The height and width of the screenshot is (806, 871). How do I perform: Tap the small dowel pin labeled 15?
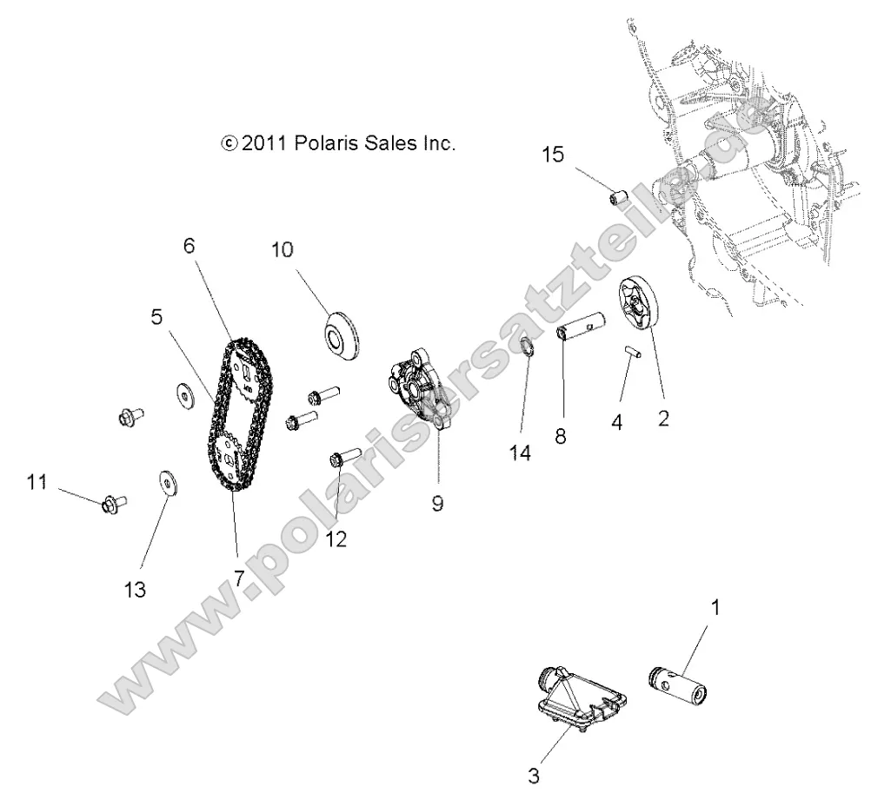coord(618,199)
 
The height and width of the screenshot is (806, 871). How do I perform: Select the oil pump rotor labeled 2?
coord(641,304)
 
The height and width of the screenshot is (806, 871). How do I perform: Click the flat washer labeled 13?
coord(164,481)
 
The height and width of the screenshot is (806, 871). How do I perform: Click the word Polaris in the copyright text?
coord(324,143)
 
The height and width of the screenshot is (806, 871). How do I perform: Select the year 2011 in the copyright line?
coord(266,143)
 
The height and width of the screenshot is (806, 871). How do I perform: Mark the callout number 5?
coord(156,317)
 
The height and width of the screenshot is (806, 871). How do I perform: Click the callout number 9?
coord(437,503)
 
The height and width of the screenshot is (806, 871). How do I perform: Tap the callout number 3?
coord(533,776)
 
